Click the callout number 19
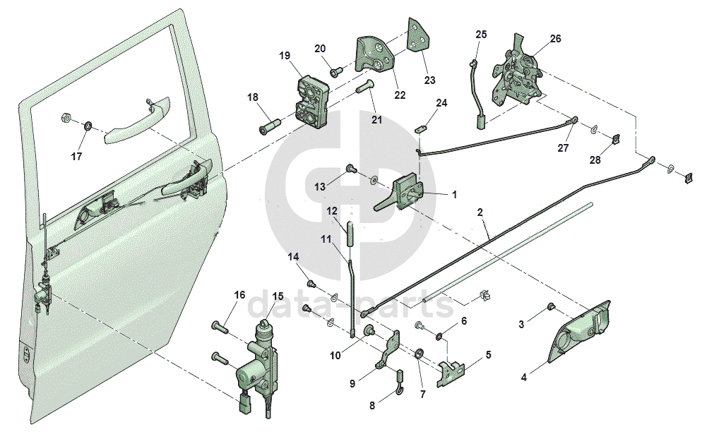pos(285,55)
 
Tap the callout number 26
pos(555,39)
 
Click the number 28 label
pos(595,160)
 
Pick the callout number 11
pos(326,239)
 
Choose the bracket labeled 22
pos(375,56)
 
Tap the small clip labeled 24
pos(422,128)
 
